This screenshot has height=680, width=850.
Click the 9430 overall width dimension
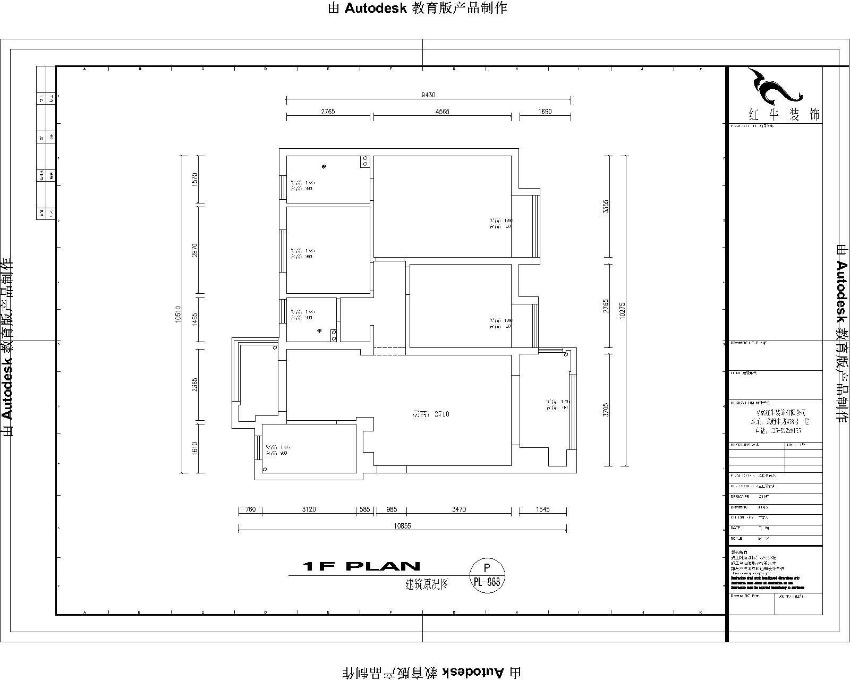pos(428,95)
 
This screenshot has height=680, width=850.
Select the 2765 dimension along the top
pos(328,112)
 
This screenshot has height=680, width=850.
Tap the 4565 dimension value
pos(443,112)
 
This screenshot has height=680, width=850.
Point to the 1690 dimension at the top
pos(545,112)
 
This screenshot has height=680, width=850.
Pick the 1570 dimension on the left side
pos(194,179)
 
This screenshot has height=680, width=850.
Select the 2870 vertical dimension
pos(194,250)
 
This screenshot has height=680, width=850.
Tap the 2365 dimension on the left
pos(194,385)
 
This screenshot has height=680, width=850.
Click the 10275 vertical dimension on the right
pos(622,310)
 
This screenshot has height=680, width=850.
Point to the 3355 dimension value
pos(606,207)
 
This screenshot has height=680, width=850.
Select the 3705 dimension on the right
pos(606,410)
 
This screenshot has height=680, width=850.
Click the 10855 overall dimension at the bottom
pos(402,526)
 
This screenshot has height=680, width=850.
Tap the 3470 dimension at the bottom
pos(459,509)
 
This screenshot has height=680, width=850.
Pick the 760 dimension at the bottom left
pos(250,509)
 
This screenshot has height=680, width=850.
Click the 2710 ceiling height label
pos(431,414)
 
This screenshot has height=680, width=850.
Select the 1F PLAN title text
pos(361,566)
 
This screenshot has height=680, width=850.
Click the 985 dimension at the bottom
pos(392,509)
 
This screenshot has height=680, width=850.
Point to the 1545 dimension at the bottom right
pos(543,509)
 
